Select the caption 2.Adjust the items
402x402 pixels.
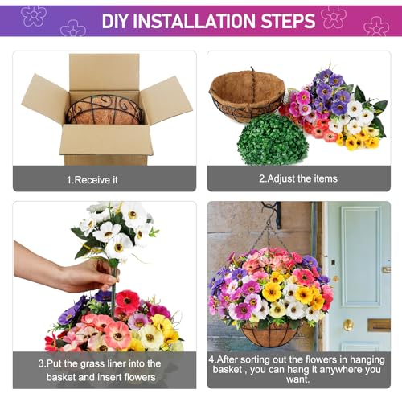click(298, 178)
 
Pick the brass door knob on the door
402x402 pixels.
click(347, 325)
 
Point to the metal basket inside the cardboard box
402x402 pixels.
click(105, 109)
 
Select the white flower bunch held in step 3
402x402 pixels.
click(117, 229)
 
